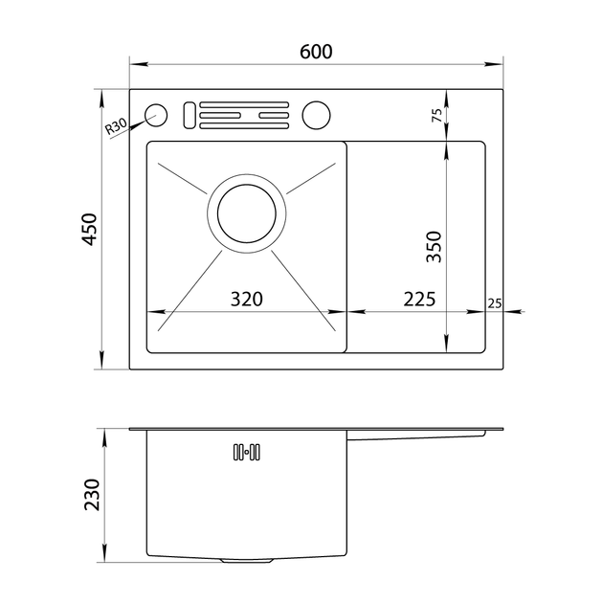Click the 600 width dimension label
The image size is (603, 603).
[x=316, y=52]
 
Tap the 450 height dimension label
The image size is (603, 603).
[x=90, y=229]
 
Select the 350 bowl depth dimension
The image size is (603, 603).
[x=434, y=247]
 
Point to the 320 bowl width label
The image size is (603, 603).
[x=247, y=299]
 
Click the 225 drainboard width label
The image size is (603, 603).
[x=419, y=299]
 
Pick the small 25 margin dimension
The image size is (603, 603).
[x=495, y=303]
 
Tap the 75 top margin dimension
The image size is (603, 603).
[x=437, y=116]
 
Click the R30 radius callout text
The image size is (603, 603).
[x=116, y=126]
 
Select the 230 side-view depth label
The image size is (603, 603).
[x=92, y=495]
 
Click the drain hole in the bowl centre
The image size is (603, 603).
[x=247, y=213]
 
